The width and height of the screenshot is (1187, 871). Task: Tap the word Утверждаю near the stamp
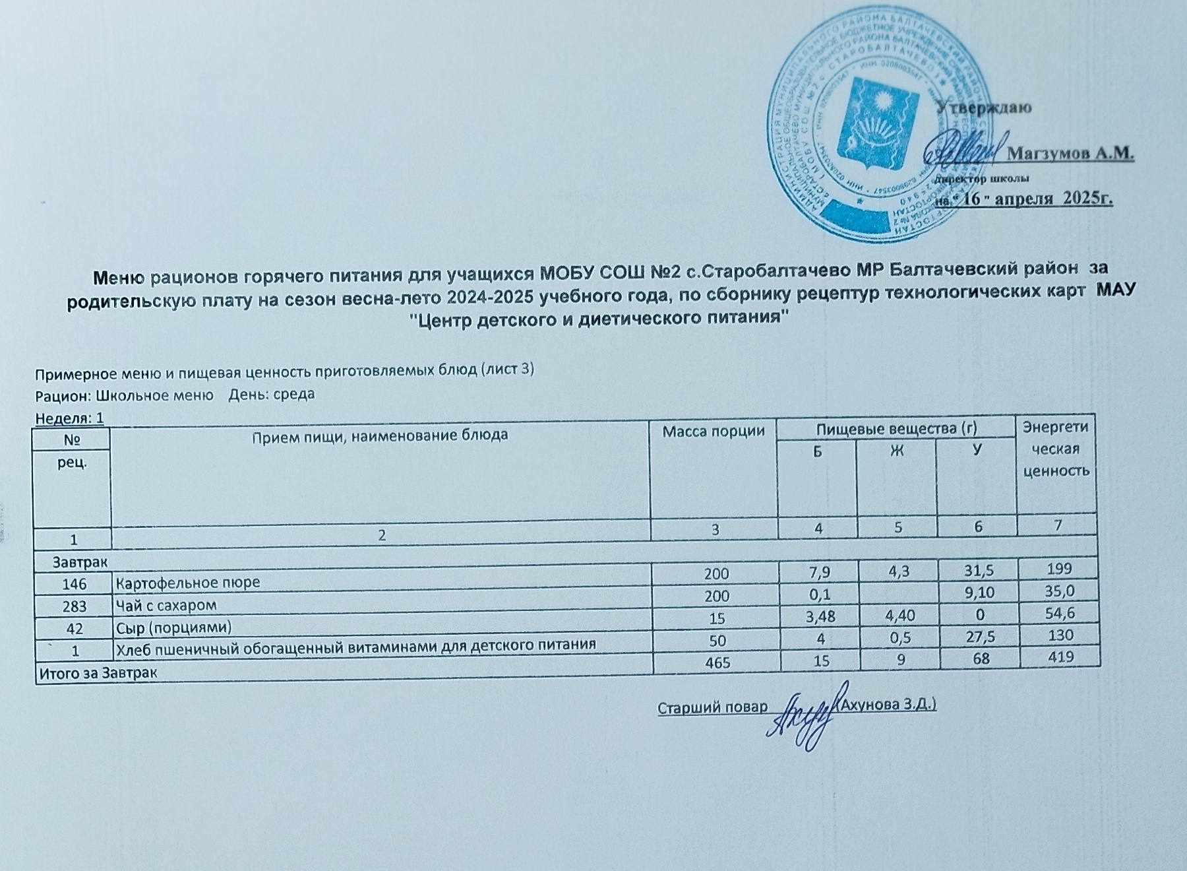pos(985,107)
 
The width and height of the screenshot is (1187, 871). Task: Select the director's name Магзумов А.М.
pos(1071,154)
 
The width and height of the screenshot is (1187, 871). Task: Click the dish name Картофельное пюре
pos(188,583)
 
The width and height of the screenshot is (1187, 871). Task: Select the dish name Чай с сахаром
pos(166,604)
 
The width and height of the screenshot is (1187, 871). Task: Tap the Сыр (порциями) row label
pos(174,626)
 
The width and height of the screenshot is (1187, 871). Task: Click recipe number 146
pos(74,583)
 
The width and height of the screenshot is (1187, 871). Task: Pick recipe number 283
pos(74,605)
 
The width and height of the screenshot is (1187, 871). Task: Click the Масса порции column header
pos(714,432)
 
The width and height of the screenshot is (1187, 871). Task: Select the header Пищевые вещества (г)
pos(896,428)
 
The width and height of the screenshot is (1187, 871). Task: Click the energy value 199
pos(1059,569)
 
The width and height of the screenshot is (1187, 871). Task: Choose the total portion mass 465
pos(717,662)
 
